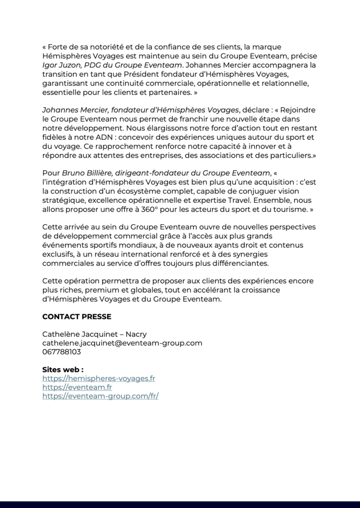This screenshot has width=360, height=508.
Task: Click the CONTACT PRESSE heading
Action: coord(76,317)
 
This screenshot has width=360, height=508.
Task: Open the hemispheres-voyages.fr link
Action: coord(99,379)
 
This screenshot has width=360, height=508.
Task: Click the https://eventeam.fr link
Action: coord(77,387)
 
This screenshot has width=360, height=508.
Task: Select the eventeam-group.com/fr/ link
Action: coord(100,396)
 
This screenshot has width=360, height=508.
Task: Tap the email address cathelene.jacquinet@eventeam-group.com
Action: coord(122,343)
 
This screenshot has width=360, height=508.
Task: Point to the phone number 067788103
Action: coord(62,352)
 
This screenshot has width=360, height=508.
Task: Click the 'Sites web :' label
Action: coord(63,370)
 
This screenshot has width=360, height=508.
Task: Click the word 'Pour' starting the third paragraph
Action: coord(51,173)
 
